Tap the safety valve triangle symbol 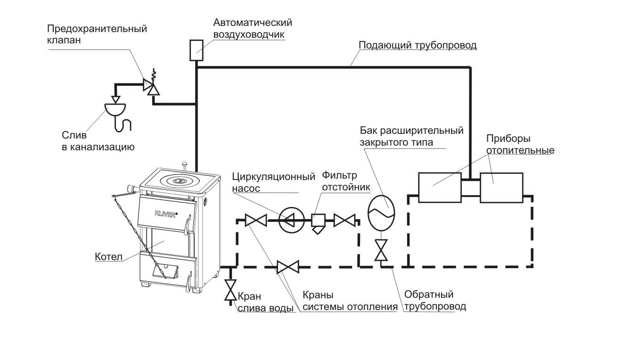pos(150,86)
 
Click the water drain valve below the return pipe pos(230,290)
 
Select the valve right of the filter pos(344,220)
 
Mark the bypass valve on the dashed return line pos(287,268)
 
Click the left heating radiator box pos(440,188)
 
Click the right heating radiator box pos(501,188)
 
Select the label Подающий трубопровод pos(418,45)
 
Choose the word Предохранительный pos(97,29)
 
